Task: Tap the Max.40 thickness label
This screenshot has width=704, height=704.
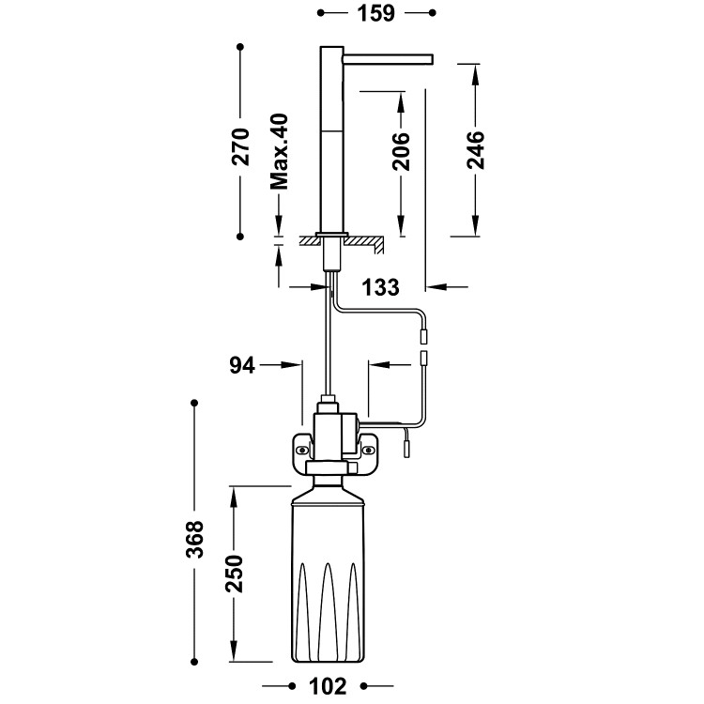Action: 279,152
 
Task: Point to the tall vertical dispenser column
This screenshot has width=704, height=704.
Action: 331,141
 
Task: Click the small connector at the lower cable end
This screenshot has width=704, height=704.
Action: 407,448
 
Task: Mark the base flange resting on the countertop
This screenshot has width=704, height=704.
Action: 332,233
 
